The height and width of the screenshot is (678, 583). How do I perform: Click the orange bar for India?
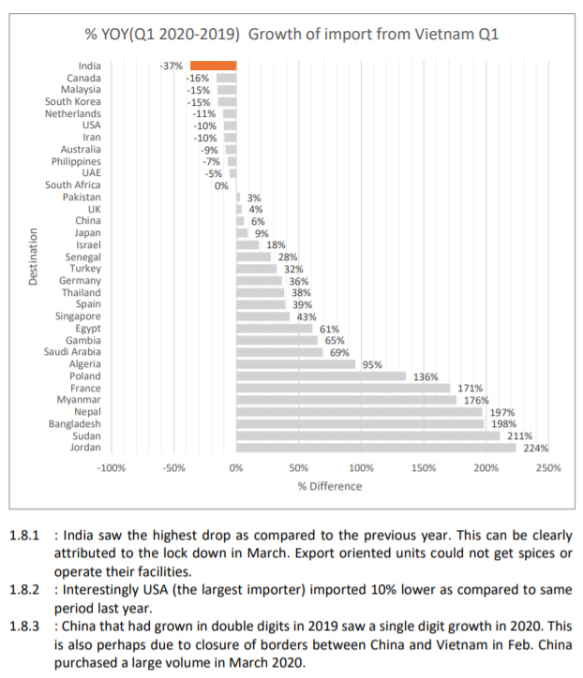(x=213, y=66)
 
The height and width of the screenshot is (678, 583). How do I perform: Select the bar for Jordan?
(x=375, y=448)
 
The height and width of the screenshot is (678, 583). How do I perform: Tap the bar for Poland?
(x=322, y=376)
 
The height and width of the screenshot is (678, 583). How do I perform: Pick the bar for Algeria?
(x=296, y=364)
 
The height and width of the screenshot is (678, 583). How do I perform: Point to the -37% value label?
(x=172, y=66)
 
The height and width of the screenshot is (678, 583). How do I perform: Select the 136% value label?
(x=426, y=376)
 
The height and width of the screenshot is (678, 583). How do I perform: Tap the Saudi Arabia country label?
(x=72, y=352)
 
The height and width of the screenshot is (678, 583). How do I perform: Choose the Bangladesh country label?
(x=75, y=424)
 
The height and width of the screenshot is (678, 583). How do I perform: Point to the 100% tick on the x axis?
(x=361, y=467)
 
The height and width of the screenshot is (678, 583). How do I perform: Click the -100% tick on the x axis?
(x=112, y=467)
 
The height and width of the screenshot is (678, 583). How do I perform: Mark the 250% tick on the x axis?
(x=547, y=467)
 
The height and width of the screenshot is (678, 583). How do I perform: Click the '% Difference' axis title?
(x=329, y=486)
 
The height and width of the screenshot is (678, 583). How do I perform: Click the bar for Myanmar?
(x=346, y=400)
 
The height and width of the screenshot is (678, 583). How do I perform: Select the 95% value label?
(x=371, y=364)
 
